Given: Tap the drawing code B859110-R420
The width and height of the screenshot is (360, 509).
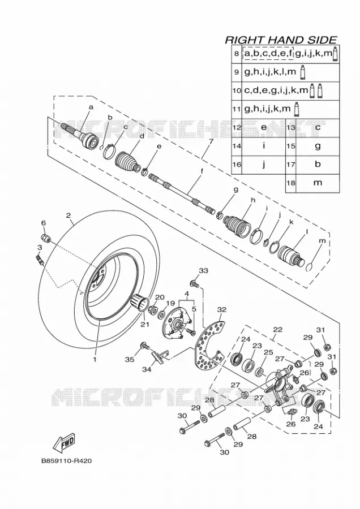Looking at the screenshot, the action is pyautogui.click(x=66, y=460).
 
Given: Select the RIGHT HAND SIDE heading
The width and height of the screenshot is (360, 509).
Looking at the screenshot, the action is pyautogui.click(x=281, y=40).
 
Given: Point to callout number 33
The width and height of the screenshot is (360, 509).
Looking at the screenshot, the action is pyautogui.click(x=203, y=271).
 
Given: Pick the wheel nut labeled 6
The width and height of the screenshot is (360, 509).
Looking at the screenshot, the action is pyautogui.click(x=47, y=238).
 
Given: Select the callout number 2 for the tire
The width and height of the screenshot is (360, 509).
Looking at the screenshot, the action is pyautogui.click(x=68, y=215).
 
